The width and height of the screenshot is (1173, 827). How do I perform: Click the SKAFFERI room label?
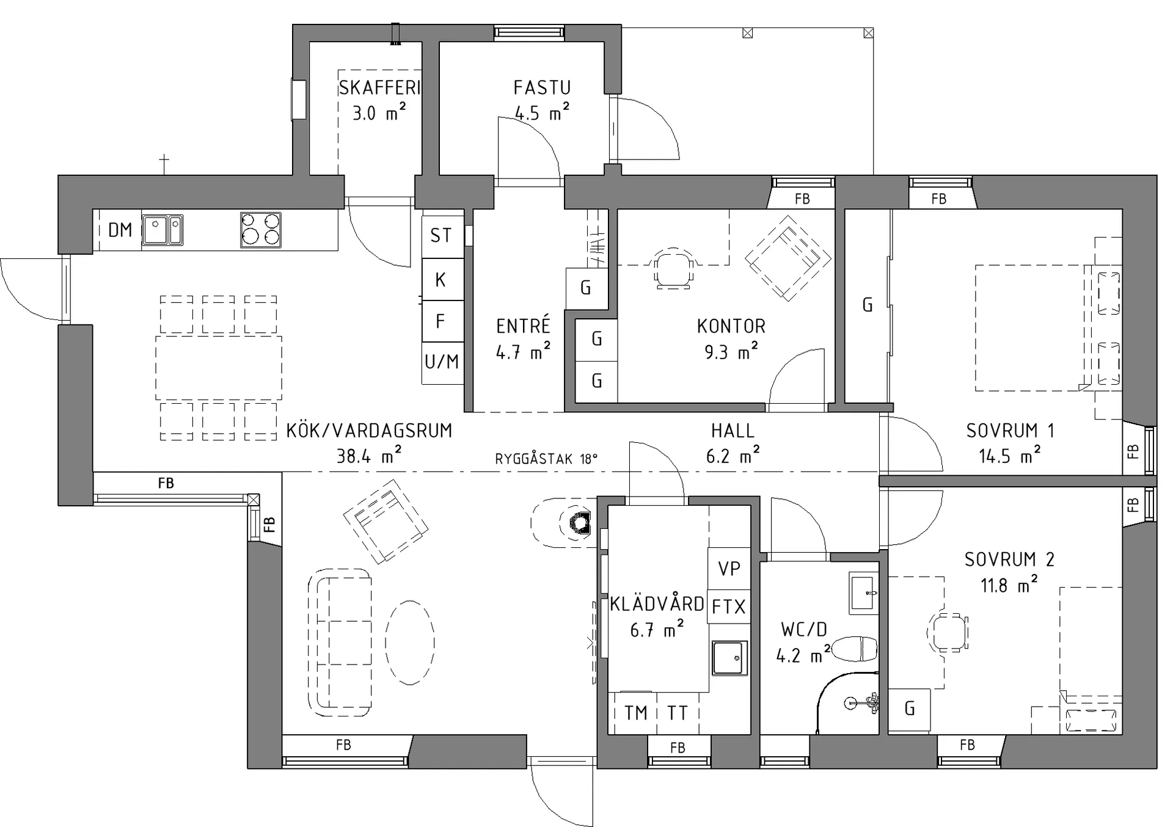(379, 88)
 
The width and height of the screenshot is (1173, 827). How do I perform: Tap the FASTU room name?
(542, 88)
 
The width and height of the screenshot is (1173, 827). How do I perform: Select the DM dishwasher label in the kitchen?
(120, 230)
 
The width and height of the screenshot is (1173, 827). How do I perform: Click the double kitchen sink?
(163, 230)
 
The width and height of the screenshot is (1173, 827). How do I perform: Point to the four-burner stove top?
(261, 230)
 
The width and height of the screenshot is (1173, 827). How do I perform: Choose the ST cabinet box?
(442, 236)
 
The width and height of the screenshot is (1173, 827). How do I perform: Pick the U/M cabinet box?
(442, 363)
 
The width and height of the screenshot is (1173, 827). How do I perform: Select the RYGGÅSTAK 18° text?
(546, 459)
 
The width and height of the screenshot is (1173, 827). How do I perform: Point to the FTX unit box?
(729, 607)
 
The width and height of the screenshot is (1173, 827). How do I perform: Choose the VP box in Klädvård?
(729, 569)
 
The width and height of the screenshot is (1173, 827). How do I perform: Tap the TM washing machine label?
(635, 713)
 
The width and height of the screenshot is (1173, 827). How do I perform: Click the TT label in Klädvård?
(677, 713)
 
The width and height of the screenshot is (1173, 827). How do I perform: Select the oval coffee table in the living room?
(410, 642)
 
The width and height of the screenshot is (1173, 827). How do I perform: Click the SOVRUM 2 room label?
(1009, 559)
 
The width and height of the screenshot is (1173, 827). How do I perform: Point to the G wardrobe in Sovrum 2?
(909, 710)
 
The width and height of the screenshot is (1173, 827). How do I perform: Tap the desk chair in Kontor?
(674, 268)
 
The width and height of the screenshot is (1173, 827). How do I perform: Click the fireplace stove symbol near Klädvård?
(579, 522)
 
